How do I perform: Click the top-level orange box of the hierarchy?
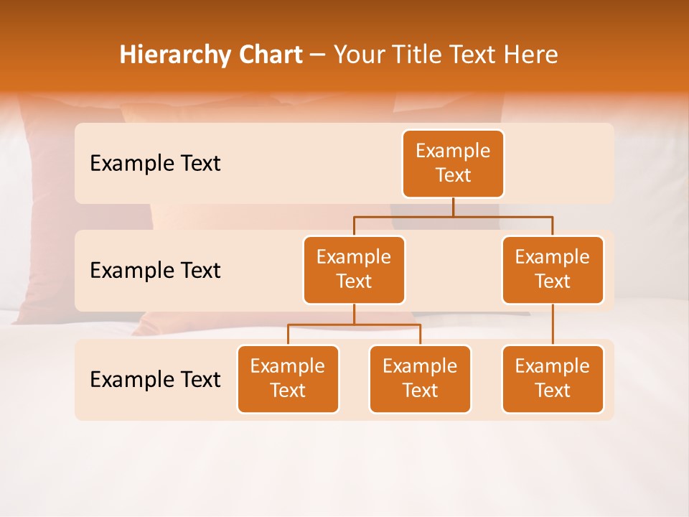453,164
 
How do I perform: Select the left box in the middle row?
354,269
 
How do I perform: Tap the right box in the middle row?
553,269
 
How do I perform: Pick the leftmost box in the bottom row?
288,378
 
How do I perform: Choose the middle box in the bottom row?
420,378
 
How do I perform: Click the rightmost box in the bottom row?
553,378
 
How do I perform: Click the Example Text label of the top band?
155,164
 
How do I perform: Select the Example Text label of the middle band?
155,271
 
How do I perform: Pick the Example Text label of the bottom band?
155,379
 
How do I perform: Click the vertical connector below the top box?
453,207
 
